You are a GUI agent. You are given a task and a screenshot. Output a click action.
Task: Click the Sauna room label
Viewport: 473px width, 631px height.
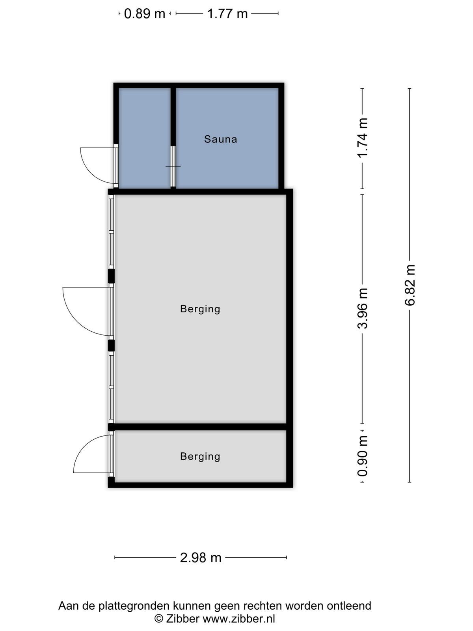(221, 139)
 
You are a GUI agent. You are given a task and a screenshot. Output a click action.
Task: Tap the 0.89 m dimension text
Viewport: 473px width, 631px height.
(144, 13)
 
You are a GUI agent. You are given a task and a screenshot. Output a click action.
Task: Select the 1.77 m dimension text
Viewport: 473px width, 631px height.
(227, 13)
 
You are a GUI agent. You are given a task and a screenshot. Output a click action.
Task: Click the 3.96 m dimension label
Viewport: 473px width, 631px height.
(362, 308)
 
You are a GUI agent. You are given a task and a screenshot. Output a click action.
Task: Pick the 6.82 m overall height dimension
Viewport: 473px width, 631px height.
(410, 285)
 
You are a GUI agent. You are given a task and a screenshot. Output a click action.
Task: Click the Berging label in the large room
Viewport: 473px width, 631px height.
(200, 309)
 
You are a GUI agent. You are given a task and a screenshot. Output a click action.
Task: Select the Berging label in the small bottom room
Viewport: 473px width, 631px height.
(200, 457)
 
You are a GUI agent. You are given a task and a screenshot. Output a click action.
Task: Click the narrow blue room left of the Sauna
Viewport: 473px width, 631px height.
(144, 138)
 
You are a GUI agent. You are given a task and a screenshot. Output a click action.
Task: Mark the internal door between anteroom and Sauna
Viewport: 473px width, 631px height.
(173, 166)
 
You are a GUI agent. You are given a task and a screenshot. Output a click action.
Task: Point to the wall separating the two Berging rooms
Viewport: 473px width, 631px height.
(201, 427)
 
